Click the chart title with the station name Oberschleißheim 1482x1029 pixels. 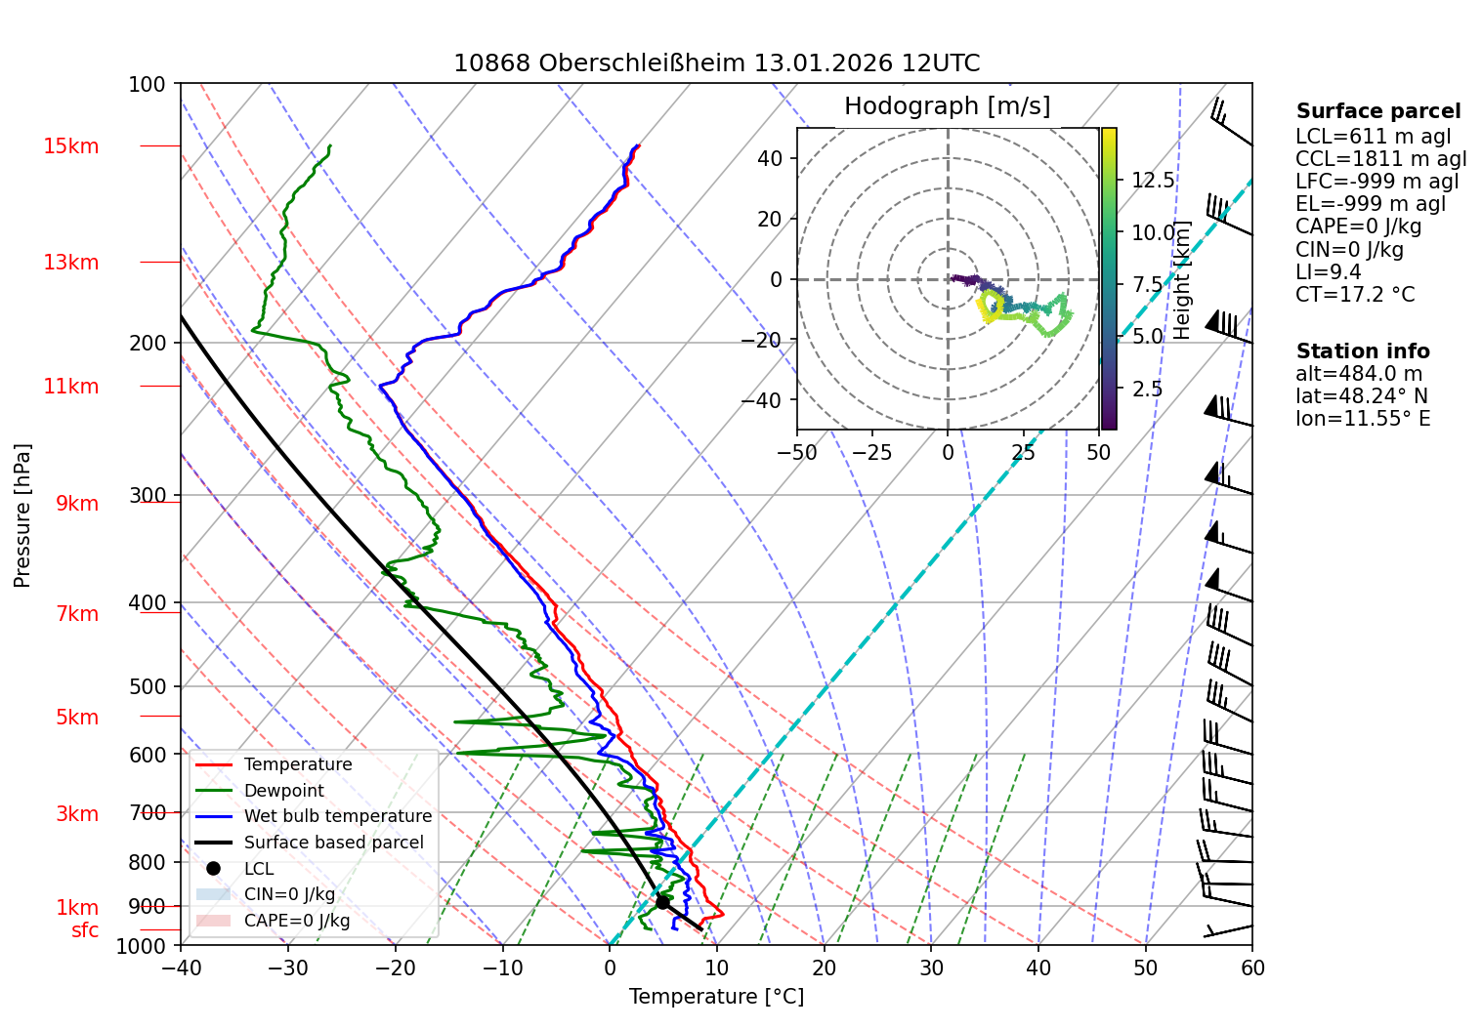[716, 63]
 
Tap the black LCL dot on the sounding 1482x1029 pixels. [662, 902]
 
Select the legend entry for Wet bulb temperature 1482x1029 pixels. [337, 816]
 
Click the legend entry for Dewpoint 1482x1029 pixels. [283, 791]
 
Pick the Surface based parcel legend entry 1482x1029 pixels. [333, 843]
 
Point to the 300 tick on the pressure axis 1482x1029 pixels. [148, 495]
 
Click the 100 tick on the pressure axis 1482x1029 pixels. [148, 84]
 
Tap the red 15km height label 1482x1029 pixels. [70, 146]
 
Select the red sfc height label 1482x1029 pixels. [85, 930]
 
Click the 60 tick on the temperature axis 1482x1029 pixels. [1252, 967]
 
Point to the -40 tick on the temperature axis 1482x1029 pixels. [181, 967]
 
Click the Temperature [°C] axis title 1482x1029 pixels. [716, 996]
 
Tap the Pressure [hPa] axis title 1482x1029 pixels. [22, 515]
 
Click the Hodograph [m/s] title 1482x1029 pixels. [947, 105]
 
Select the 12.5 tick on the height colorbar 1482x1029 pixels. [1153, 180]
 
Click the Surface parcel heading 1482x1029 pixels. [1378, 111]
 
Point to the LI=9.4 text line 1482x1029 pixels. [1328, 271]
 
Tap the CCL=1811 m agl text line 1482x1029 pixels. [1380, 158]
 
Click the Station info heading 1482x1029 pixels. [1363, 351]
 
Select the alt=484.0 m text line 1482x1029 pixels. [1359, 374]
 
